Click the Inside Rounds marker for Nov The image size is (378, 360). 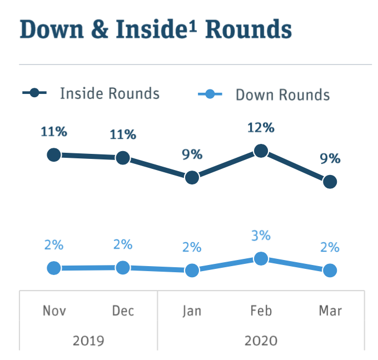[54, 154]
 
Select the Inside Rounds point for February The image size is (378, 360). [261, 151]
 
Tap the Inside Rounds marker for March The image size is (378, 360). [330, 182]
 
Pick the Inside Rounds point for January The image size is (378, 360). [192, 178]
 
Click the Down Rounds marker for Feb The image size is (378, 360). [261, 258]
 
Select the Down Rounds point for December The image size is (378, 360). [123, 267]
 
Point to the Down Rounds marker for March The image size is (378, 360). [330, 270]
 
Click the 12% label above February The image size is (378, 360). [261, 128]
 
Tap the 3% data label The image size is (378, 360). [261, 236]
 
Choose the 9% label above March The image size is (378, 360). [330, 159]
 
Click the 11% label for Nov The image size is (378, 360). [54, 132]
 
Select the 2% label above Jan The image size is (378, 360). [192, 247]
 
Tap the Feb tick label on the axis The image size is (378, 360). [261, 311]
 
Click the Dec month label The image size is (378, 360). [123, 311]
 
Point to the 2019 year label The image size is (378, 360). [88, 339]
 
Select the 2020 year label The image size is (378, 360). [261, 339]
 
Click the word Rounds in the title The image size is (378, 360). [248, 30]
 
